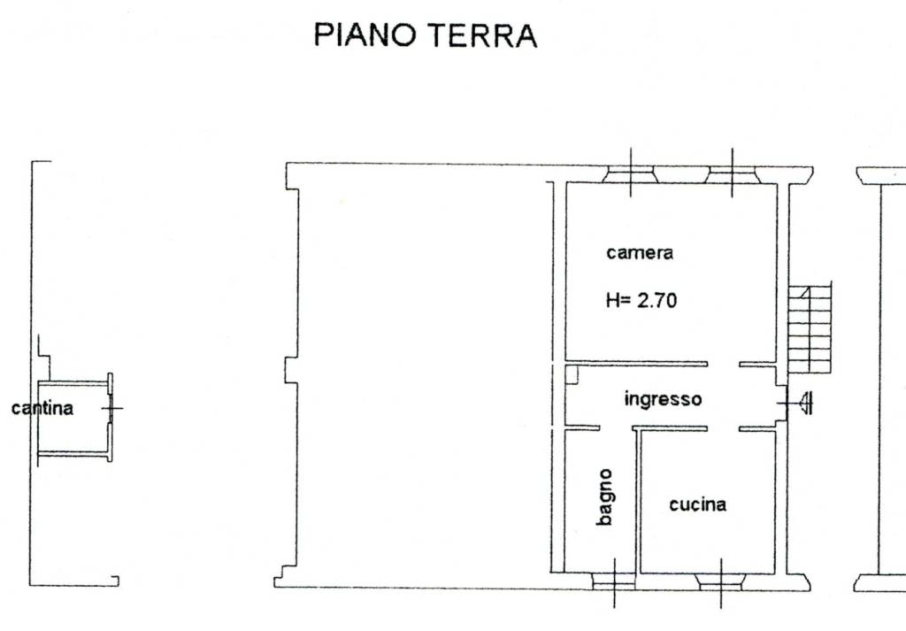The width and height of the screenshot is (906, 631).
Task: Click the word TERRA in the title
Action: click(x=484, y=35)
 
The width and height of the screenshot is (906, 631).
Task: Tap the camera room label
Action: click(x=640, y=253)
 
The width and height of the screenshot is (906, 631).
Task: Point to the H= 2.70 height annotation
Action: click(x=641, y=300)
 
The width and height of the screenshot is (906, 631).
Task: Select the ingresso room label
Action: click(x=664, y=399)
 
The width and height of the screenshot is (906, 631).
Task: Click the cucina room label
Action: click(x=697, y=504)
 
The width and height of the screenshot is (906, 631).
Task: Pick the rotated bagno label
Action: click(x=605, y=497)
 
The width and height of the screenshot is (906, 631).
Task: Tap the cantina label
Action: click(x=42, y=409)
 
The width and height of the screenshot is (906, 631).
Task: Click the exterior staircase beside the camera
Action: click(x=810, y=328)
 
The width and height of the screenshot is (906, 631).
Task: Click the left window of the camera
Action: click(x=630, y=174)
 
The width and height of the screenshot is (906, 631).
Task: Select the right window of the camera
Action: click(x=732, y=174)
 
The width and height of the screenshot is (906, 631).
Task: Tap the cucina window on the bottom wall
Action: click(x=721, y=581)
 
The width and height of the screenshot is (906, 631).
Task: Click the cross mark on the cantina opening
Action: click(x=112, y=409)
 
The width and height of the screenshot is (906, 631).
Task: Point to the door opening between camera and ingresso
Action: click(x=724, y=364)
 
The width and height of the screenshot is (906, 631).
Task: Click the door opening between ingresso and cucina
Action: click(x=724, y=428)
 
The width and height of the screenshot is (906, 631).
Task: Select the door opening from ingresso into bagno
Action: click(x=616, y=428)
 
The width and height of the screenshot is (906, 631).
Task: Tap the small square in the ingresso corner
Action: click(x=572, y=373)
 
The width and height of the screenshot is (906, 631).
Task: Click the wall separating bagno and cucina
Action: click(x=639, y=502)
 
